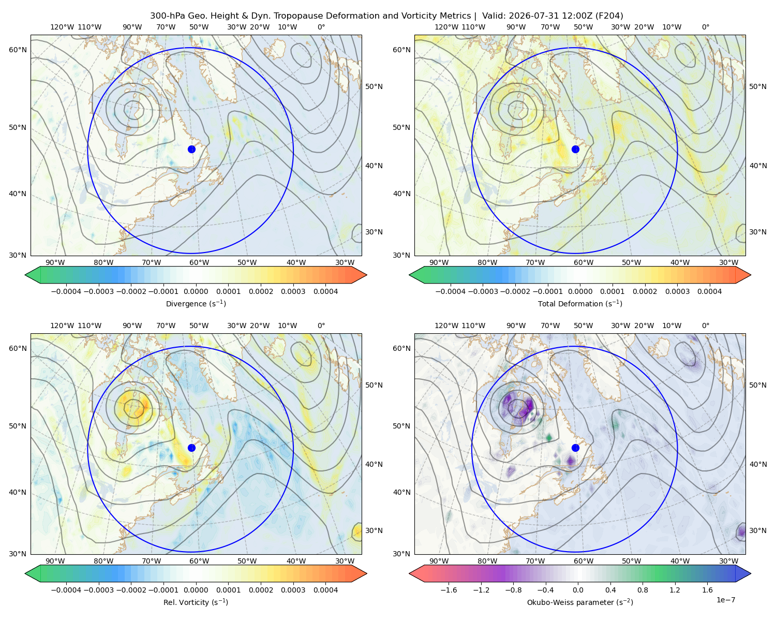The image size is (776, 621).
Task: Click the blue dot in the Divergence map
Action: pyautogui.click(x=191, y=149)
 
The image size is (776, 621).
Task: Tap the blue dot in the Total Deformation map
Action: pyautogui.click(x=575, y=149)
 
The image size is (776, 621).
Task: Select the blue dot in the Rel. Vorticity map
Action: pyautogui.click(x=191, y=448)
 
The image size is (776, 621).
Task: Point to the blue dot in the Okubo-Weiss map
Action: pyautogui.click(x=575, y=448)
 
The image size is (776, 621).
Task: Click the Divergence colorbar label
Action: pyautogui.click(x=196, y=303)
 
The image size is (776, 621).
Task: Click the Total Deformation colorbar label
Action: pyautogui.click(x=580, y=303)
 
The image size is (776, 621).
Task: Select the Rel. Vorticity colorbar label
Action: pyautogui.click(x=196, y=602)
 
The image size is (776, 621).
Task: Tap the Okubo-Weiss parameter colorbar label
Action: pyautogui.click(x=580, y=602)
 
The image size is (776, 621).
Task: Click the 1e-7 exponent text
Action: pyautogui.click(x=725, y=600)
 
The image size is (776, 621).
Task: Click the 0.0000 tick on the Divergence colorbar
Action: pyautogui.click(x=196, y=291)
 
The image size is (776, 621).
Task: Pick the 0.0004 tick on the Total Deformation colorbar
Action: pyautogui.click(x=710, y=291)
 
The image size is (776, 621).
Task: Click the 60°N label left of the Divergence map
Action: pyautogui.click(x=18, y=50)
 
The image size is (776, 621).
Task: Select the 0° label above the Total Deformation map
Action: pyautogui.click(x=705, y=27)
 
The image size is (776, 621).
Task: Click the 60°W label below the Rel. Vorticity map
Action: pyautogui.click(x=199, y=561)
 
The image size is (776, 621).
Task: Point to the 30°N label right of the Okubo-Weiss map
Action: pyautogui.click(x=758, y=530)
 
